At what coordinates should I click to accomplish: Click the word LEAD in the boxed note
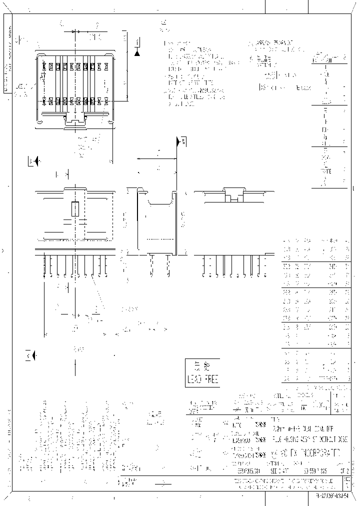pos(194,377)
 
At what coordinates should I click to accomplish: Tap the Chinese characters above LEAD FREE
pos(202,365)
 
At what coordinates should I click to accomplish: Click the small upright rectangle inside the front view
pos(75,208)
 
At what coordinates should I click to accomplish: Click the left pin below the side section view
pos(150,265)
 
